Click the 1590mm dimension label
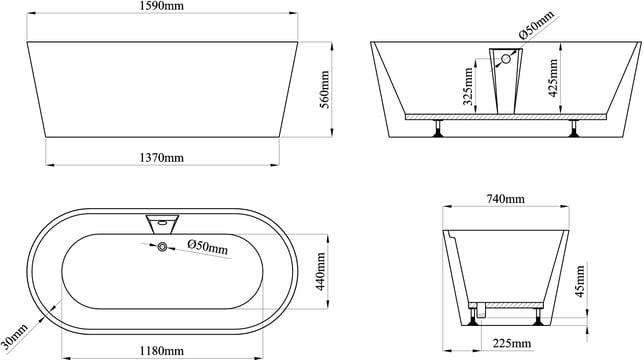click(x=162, y=6)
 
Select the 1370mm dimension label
click(x=162, y=157)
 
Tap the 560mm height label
click(x=324, y=89)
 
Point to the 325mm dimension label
click(x=468, y=86)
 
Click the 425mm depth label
click(x=553, y=78)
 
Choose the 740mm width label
click(x=506, y=199)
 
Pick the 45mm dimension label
click(x=580, y=281)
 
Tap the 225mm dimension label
click(x=512, y=343)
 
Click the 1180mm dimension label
click(x=162, y=351)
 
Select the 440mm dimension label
click(x=321, y=271)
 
